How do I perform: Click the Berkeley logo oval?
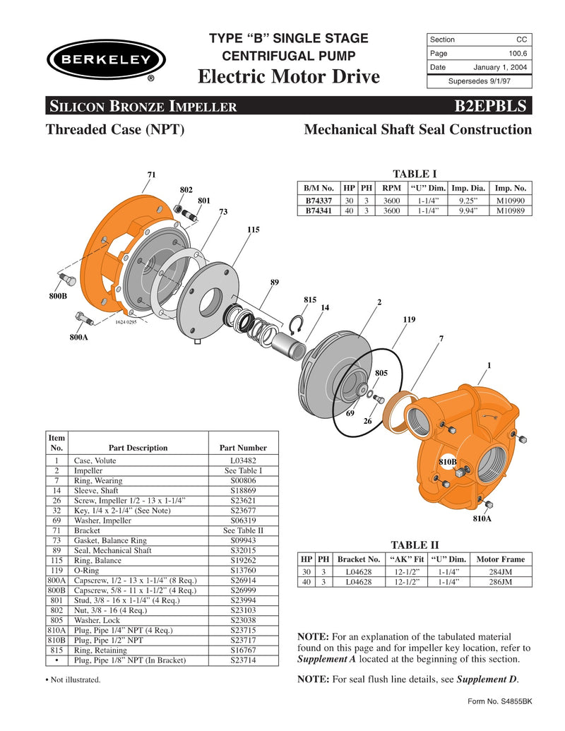(x=106, y=59)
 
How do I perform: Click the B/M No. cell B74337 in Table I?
(x=319, y=201)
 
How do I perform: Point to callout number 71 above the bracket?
(x=151, y=174)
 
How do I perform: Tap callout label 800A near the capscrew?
(x=78, y=338)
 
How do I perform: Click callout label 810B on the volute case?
(x=448, y=461)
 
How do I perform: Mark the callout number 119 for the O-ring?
(x=409, y=319)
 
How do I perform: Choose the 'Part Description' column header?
(x=138, y=448)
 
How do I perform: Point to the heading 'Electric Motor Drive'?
(x=290, y=76)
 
